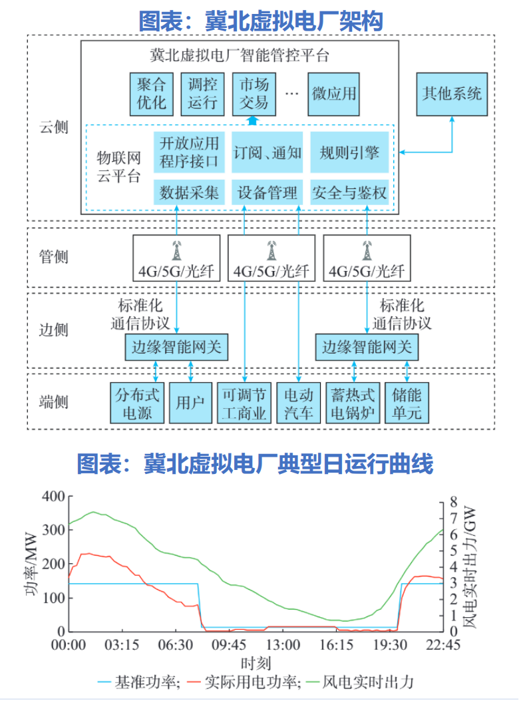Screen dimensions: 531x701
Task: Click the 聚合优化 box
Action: pyautogui.click(x=151, y=93)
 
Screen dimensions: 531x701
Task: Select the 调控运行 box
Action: pyautogui.click(x=202, y=93)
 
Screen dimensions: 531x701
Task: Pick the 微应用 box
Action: pyautogui.click(x=333, y=93)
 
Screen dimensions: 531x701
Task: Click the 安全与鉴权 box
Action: pyautogui.click(x=349, y=193)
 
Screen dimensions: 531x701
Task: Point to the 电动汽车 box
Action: pyautogui.click(x=297, y=403)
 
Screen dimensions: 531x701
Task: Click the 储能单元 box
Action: pyautogui.click(x=407, y=403)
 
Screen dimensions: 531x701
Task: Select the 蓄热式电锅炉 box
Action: pyautogui.click(x=353, y=403)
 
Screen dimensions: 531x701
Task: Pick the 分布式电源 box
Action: pyautogui.click(x=138, y=403)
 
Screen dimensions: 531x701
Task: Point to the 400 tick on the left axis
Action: pyautogui.click(x=53, y=497)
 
